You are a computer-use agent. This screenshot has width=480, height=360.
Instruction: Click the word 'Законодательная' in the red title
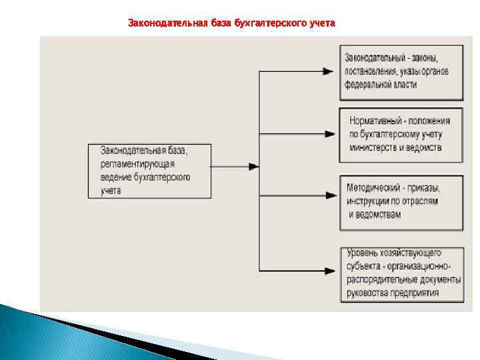[160, 23]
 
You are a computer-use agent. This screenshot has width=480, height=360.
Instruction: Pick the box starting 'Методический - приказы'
[401, 202]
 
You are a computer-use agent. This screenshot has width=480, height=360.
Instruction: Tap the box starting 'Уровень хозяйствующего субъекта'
[401, 273]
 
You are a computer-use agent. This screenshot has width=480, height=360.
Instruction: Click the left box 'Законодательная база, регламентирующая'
[147, 170]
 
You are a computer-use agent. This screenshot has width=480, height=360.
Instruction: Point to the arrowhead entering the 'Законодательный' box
[328, 71]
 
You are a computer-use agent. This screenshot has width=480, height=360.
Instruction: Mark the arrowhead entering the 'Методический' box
[328, 201]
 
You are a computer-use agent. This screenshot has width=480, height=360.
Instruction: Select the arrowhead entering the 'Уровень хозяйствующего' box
[328, 272]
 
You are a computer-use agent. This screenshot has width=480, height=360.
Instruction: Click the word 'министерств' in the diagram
[374, 147]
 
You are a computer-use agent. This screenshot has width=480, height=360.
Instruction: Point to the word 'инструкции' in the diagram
[369, 201]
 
